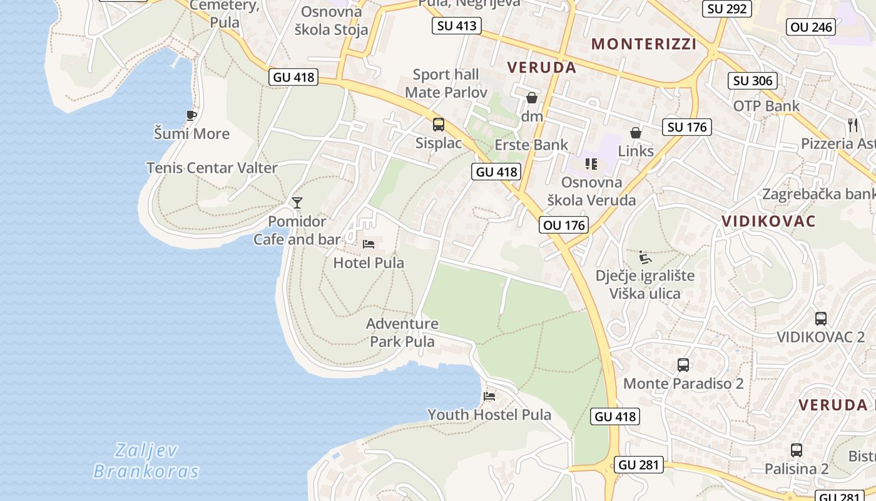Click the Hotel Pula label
click(x=369, y=262)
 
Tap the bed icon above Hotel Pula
click(x=369, y=244)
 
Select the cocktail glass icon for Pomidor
click(x=297, y=202)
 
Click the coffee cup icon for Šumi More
click(x=191, y=115)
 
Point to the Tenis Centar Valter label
click(x=211, y=168)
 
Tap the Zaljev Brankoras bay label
click(x=146, y=460)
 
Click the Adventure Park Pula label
click(x=402, y=333)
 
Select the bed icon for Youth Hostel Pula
click(x=489, y=396)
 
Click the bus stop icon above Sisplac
click(x=439, y=124)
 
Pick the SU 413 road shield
click(x=457, y=26)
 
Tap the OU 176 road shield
click(x=564, y=225)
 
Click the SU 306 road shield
click(x=753, y=81)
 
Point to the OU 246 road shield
click(x=812, y=27)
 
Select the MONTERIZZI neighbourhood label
click(x=644, y=44)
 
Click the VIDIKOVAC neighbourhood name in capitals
click(x=768, y=221)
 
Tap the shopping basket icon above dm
click(x=532, y=98)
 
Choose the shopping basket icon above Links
click(x=636, y=133)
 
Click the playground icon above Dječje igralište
click(x=645, y=257)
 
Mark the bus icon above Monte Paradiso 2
click(x=683, y=364)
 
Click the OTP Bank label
click(x=766, y=106)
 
